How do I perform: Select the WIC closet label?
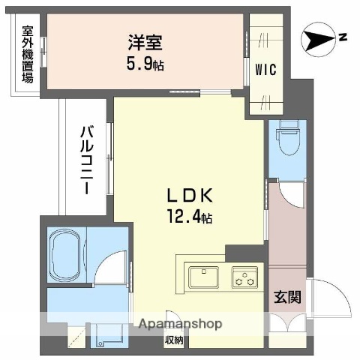pos(265,70)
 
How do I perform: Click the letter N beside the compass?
pos(341,36)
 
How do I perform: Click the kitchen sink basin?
pos(204,277)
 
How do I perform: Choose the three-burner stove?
pos(244,277)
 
